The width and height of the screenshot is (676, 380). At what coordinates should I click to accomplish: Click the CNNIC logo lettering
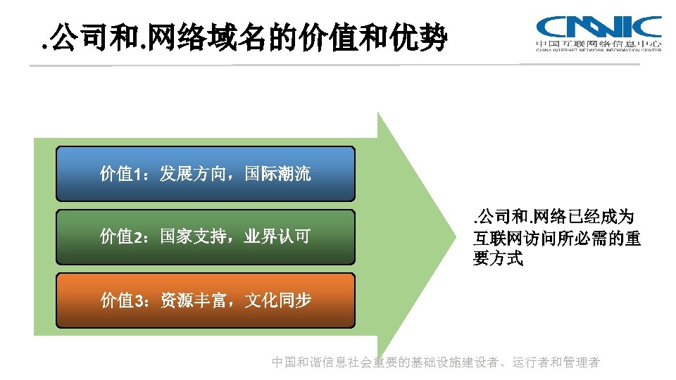coord(599,27)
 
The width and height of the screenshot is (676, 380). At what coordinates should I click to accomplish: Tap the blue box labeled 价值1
coord(205,174)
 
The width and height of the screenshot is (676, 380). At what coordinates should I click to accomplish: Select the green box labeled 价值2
coord(205,236)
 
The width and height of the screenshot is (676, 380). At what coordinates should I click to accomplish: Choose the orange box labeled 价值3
coord(205,300)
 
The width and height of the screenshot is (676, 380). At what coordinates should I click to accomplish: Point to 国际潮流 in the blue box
coord(277,174)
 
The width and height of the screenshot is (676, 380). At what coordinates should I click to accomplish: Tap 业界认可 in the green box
coord(277,236)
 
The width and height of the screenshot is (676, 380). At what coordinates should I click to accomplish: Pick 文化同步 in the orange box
coord(277,300)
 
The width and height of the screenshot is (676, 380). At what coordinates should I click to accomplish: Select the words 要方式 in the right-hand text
coord(498,259)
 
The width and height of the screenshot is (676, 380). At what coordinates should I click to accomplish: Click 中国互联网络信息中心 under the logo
coord(599,44)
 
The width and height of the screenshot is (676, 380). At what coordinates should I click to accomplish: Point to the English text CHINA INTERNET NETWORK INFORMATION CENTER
coord(599,51)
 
